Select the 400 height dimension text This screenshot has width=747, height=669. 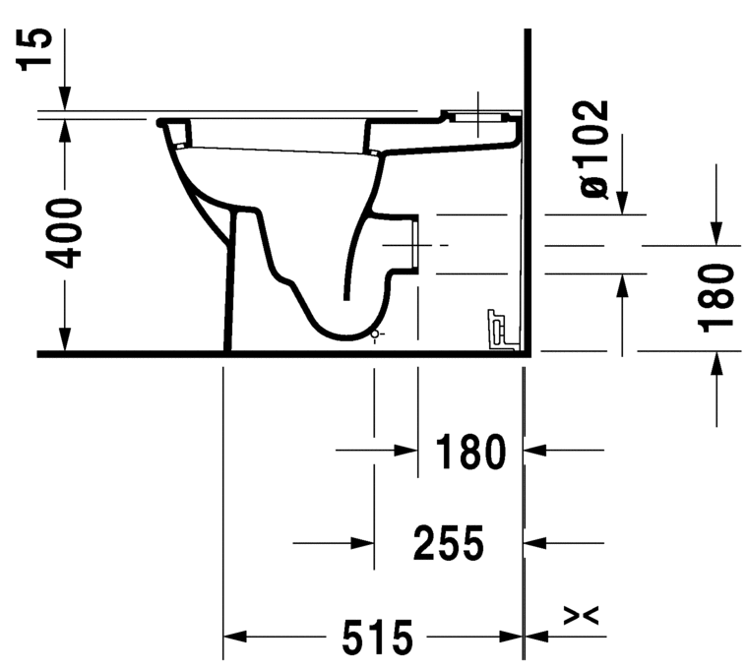pos(66,233)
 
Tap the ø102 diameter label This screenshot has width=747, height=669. pos(594,148)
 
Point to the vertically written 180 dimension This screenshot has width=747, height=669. pos(719,297)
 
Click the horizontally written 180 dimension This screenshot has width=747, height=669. pos(469,452)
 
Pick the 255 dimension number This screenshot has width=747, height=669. pos(449,542)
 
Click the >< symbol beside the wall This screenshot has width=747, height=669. pos(581,616)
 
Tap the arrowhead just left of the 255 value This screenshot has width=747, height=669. pos(363,541)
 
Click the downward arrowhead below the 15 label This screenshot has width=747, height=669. pos(64,99)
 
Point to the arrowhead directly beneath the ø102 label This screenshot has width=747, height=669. pos(622,204)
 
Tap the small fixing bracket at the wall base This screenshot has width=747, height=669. pos(499,330)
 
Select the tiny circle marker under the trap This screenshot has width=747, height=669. pos(373,335)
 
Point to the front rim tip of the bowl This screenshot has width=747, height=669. pos(160,123)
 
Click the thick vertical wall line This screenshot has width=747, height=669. pos(529,197)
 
